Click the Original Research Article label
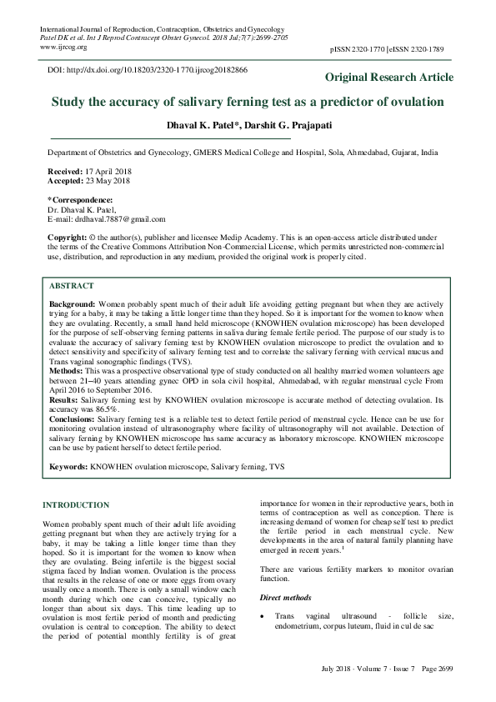pos(388,78)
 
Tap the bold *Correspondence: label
pos(81,200)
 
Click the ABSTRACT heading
pos(73,285)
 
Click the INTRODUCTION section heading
pos(75,505)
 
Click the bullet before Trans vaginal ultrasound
pos(263,615)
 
